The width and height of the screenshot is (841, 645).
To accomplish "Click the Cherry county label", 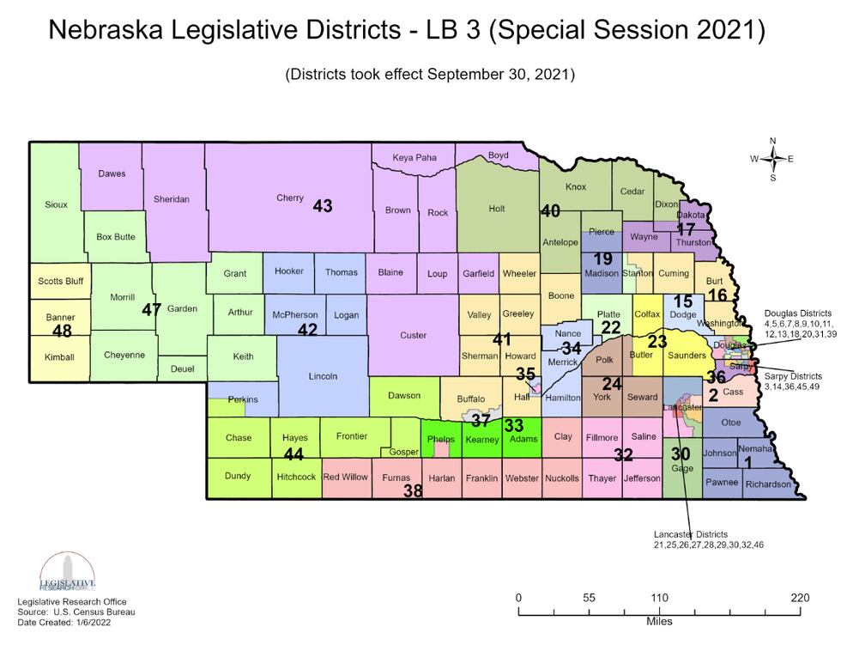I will point(289,198).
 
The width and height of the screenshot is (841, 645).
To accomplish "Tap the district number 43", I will point(323,206).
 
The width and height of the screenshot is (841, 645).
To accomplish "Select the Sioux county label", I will point(56,204).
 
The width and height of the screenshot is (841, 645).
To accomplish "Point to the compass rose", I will point(772,159).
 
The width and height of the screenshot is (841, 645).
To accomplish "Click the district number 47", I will point(152,310).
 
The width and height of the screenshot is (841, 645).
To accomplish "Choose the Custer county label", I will point(413,335).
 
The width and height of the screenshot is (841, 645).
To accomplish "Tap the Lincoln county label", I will point(323,376).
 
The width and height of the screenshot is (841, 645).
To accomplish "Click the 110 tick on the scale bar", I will point(659,598).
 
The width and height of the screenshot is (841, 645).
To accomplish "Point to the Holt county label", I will point(496,208).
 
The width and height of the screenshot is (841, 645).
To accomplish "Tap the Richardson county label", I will point(768,484).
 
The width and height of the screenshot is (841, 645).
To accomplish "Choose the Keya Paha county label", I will point(414,157).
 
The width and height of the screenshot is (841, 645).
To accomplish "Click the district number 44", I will point(294,453).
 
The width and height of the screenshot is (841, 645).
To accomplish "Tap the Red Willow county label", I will point(346,478).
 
